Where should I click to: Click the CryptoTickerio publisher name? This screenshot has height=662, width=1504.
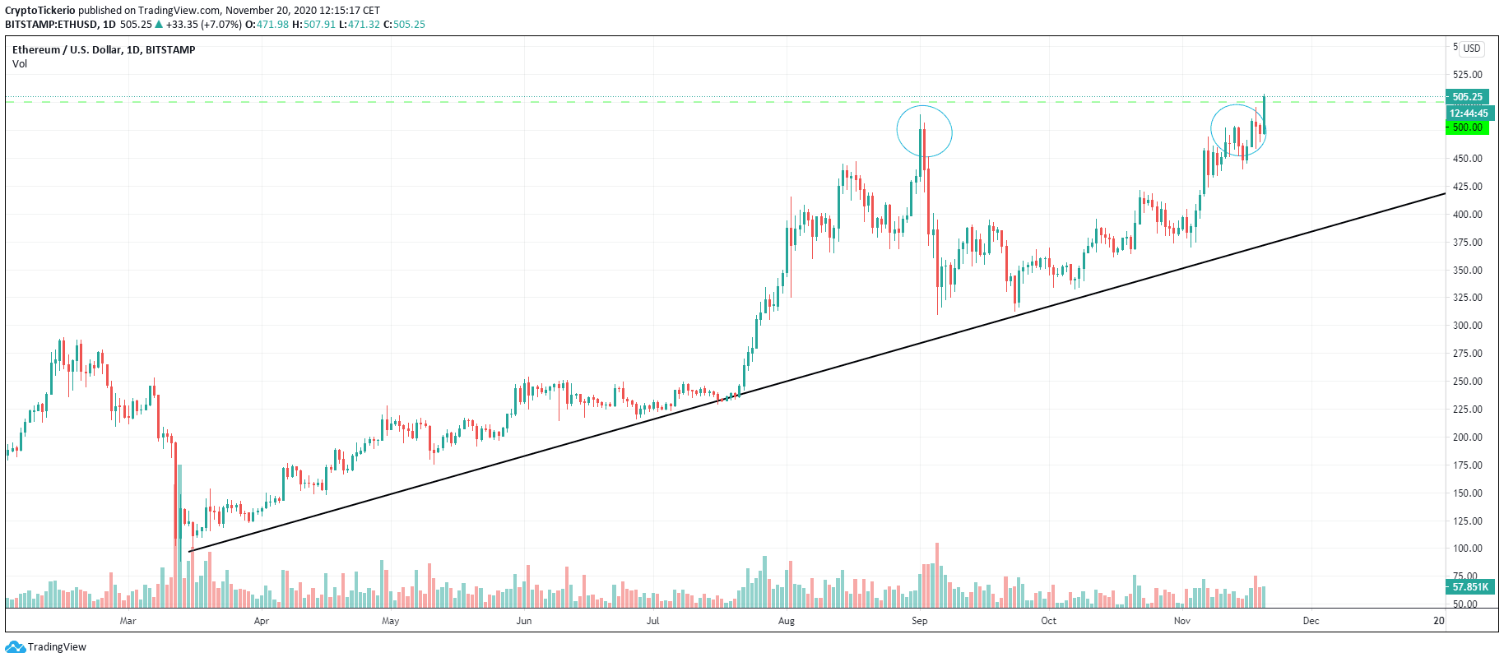40,11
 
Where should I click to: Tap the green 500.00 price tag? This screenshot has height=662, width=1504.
1467,127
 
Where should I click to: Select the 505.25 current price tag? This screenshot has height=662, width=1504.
1467,97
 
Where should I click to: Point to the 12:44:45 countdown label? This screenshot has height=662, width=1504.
1468,113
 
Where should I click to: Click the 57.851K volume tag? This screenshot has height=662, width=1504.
1469,587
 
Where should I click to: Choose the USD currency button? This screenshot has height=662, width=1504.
1471,49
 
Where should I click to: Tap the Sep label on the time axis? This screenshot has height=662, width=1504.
919,621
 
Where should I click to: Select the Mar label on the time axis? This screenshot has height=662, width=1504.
128,621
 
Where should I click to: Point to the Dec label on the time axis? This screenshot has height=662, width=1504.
1311,621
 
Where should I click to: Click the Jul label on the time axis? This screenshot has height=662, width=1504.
652,621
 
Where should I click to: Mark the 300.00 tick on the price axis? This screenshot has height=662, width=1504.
1467,326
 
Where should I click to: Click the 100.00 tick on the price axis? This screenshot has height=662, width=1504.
1467,549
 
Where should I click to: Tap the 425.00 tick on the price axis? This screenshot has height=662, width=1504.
1467,187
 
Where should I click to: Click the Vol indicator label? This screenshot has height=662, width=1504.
20,64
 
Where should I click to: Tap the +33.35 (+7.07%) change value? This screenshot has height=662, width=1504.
203,25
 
